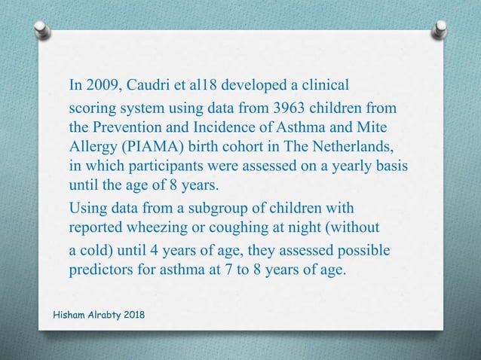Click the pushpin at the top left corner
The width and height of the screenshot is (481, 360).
41,29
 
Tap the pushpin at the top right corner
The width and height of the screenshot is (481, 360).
440,29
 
